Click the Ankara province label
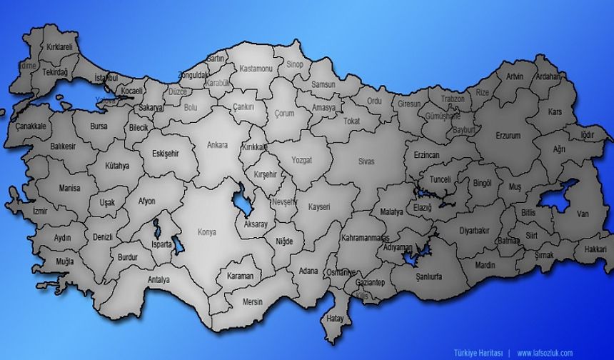tap(217, 145)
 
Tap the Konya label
tap(207, 232)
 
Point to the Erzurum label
tap(508, 135)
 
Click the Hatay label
tap(335, 319)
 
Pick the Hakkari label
tap(595, 250)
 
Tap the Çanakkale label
tap(31, 126)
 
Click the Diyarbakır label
tap(474, 231)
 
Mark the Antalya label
tap(158, 279)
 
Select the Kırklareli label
tap(60, 46)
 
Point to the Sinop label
tap(295, 64)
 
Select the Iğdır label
tap(588, 134)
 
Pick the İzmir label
tap(21, 212)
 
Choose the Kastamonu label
tap(256, 69)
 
